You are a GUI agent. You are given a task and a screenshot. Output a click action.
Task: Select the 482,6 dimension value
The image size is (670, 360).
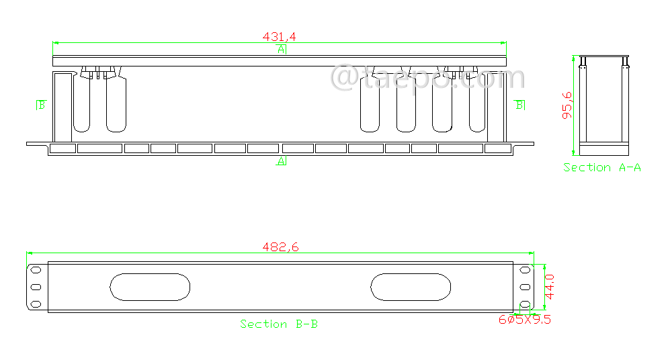tap(280, 247)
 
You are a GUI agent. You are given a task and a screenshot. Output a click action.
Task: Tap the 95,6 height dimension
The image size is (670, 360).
tap(567, 105)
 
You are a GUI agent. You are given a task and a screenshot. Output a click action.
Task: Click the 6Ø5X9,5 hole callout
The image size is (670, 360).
tap(524, 320)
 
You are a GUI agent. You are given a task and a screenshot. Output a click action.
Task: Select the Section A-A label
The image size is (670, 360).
tap(602, 167)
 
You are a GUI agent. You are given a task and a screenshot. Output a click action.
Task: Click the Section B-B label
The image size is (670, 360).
tap(279, 324)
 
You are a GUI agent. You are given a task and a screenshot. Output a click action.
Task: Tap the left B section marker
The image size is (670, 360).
tap(41, 105)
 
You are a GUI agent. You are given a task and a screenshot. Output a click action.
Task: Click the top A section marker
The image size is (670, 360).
tap(282, 50)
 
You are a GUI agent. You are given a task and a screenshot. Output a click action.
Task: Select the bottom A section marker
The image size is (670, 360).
tap(282, 161)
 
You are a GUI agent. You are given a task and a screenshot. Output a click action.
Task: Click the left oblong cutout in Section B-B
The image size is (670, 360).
tap(150, 287)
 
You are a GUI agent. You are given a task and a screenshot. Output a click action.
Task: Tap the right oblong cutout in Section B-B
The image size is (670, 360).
tap(411, 287)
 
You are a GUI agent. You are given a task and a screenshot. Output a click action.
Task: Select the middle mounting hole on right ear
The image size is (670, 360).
tap(525, 287)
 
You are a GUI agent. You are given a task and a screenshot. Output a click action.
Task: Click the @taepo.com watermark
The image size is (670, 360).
tap(428, 77)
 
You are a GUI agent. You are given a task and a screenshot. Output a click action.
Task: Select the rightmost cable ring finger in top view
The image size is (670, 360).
tap(477, 104)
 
